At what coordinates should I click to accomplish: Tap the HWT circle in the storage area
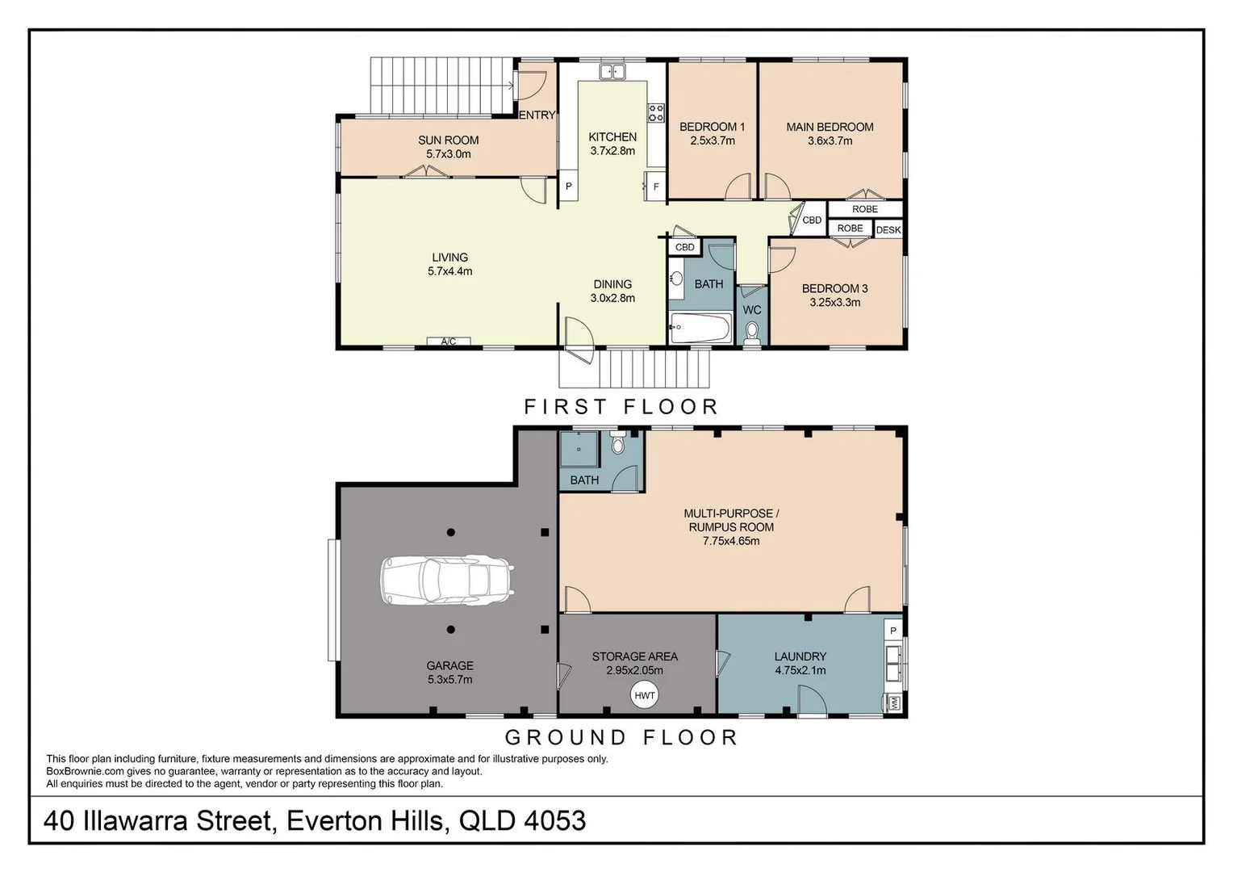point(645,695)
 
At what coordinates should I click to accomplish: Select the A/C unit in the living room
point(449,342)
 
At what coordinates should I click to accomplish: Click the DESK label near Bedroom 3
point(888,229)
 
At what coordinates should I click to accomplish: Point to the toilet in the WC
point(752,333)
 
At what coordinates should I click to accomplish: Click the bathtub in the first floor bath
point(700,327)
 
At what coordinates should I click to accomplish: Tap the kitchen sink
point(612,72)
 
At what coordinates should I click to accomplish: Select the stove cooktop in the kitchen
point(655,113)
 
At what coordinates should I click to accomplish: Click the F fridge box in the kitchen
point(655,187)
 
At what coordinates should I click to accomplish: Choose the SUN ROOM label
point(448,140)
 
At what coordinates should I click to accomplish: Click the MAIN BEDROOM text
point(830,128)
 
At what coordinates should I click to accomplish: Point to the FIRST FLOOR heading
point(621,406)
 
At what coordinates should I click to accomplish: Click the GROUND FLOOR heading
point(621,737)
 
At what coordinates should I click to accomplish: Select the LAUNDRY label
point(800,656)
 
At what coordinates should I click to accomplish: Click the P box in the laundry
point(892,631)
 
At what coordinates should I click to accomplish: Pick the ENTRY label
point(537,115)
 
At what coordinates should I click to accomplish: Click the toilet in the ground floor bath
point(617,442)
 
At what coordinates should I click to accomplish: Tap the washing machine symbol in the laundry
point(892,703)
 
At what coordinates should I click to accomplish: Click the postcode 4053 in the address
point(555,821)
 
